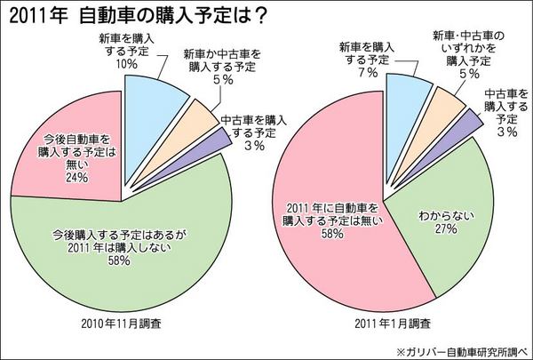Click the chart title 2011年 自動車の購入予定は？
click(x=132, y=14)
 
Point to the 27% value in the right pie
click(x=444, y=228)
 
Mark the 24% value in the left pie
click(x=75, y=176)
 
